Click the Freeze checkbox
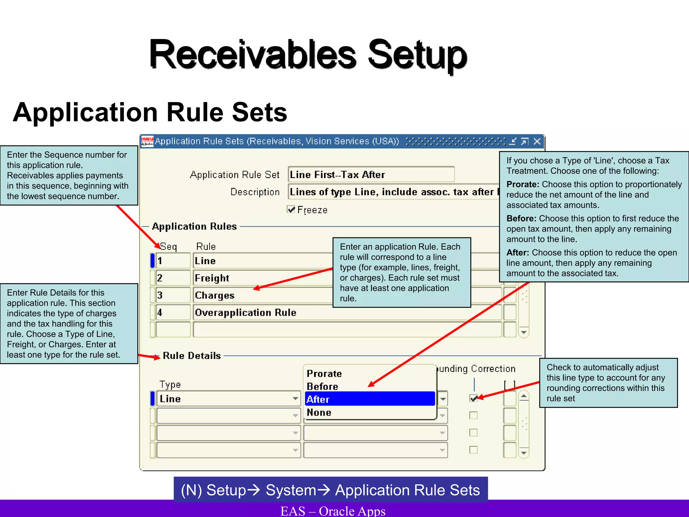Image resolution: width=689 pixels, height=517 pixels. pos(291,209)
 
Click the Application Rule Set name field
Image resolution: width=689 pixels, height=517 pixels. pos(371,175)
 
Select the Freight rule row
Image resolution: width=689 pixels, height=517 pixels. pos(262,278)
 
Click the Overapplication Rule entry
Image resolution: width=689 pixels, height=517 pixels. pos(246,312)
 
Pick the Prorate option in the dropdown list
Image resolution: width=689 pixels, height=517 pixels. pos(324,374)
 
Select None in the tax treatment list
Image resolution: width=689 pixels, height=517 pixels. pos(319,412)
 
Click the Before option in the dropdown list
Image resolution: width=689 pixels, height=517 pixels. pos(322,386)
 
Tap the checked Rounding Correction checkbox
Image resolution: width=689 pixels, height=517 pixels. pos(474,398)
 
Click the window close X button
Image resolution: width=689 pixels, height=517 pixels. pos(537,141)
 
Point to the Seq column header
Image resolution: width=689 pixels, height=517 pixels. pos(168,246)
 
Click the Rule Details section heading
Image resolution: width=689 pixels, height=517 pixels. pos(192,356)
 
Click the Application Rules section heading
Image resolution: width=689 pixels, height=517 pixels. pos(194,226)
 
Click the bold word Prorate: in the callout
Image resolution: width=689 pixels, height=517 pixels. pos(523,184)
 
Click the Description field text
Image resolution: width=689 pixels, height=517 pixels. pos(392,192)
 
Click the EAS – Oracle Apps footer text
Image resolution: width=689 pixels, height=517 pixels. pos(333,511)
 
